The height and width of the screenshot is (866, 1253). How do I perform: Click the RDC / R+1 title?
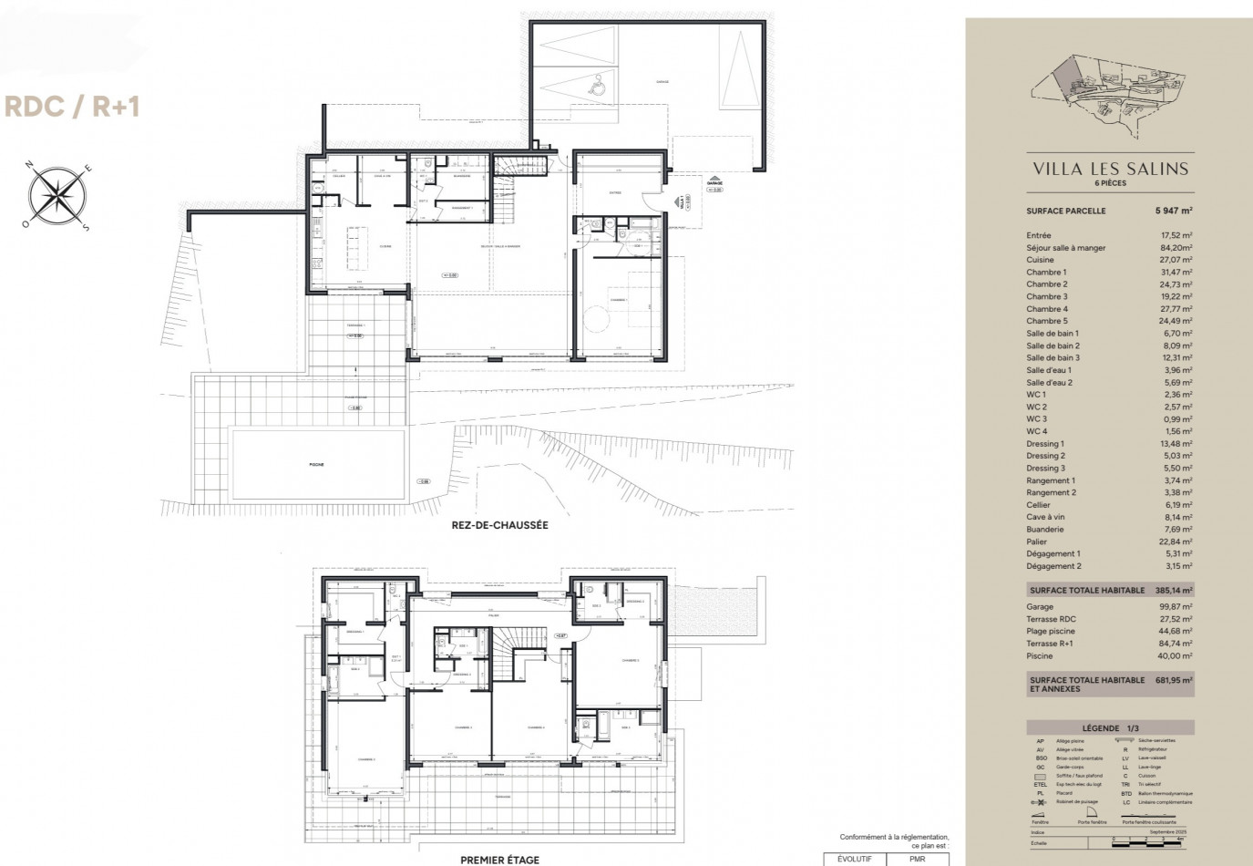tap(73, 107)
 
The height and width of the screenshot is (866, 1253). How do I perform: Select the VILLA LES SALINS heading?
tap(1110, 169)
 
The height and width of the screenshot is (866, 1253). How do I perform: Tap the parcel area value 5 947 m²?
tap(1174, 211)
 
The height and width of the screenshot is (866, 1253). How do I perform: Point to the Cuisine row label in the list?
tap(1040, 260)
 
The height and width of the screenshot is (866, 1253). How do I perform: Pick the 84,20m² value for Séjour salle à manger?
tap(1175, 248)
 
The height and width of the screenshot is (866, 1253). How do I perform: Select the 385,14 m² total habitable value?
tap(1175, 591)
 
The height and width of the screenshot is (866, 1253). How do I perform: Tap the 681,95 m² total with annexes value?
tap(1175, 680)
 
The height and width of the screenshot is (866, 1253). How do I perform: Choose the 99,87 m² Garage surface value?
tap(1175, 607)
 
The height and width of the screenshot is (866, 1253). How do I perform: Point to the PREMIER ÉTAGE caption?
tap(499, 860)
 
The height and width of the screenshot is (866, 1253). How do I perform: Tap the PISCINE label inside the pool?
tap(316, 465)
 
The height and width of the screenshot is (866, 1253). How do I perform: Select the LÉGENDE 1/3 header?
tap(1109, 728)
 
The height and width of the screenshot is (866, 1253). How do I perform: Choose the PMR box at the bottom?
tap(918, 859)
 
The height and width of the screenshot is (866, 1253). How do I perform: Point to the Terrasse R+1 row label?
tap(1050, 644)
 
